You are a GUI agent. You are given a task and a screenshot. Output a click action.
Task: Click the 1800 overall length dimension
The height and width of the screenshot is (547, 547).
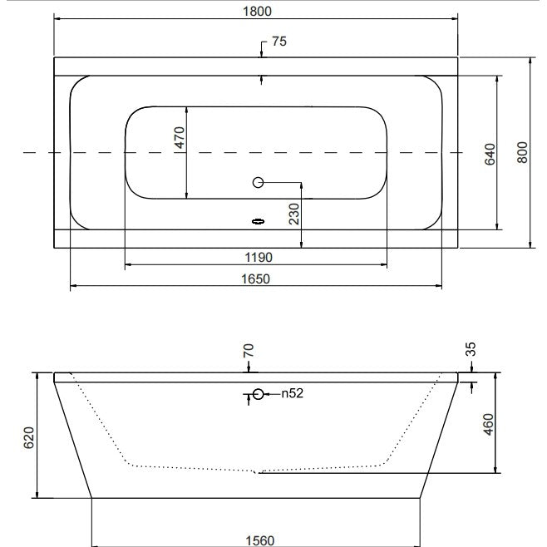tap(257, 12)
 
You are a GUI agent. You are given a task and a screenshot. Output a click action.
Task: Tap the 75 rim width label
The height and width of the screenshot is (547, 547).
tap(279, 42)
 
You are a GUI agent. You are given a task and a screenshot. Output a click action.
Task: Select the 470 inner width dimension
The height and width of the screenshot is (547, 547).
tap(180, 137)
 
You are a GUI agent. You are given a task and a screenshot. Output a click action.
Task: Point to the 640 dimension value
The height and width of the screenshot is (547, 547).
tap(490, 154)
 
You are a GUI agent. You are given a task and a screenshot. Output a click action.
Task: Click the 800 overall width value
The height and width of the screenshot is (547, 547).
tap(522, 152)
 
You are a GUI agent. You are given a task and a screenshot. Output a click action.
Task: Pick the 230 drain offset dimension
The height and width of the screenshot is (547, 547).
tap(294, 214)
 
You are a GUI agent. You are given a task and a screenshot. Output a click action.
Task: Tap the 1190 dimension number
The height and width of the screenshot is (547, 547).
tap(259, 258)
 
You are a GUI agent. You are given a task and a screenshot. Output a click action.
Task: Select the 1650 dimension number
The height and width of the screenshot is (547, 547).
tap(256, 279)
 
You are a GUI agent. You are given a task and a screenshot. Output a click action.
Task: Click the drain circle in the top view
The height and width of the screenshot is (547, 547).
tap(259, 182)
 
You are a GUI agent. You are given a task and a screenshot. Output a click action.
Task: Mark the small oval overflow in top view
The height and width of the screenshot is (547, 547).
tap(259, 221)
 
